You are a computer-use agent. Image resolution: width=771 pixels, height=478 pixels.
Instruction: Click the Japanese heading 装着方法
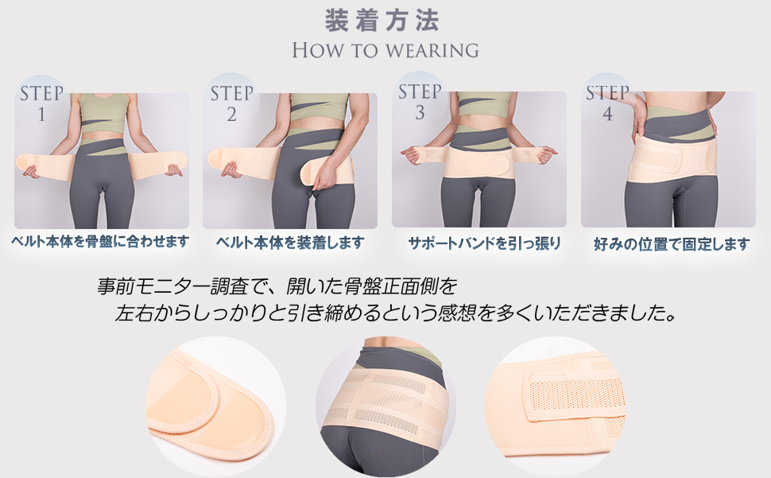(382, 21)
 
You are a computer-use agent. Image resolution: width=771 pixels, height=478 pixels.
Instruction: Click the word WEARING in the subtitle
(432, 50)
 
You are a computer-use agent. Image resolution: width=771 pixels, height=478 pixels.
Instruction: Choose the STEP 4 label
(607, 103)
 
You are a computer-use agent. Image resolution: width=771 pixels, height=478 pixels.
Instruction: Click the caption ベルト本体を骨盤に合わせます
(100, 242)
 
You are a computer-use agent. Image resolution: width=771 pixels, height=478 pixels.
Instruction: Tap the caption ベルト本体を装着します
(290, 243)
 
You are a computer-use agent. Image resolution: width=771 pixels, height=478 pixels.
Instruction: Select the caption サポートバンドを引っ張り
(484, 243)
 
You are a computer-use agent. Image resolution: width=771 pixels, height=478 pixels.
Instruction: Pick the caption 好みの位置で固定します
(672, 243)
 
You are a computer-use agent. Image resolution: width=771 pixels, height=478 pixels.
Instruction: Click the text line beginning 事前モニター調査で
(277, 286)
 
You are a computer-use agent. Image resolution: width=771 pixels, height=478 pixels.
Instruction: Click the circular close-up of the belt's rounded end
(216, 406)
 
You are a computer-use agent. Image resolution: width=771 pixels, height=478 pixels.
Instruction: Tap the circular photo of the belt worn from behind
(385, 406)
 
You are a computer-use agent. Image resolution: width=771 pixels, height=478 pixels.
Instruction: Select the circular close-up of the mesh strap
(555, 406)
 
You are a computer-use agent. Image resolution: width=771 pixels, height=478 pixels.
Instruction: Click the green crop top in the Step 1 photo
(104, 113)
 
